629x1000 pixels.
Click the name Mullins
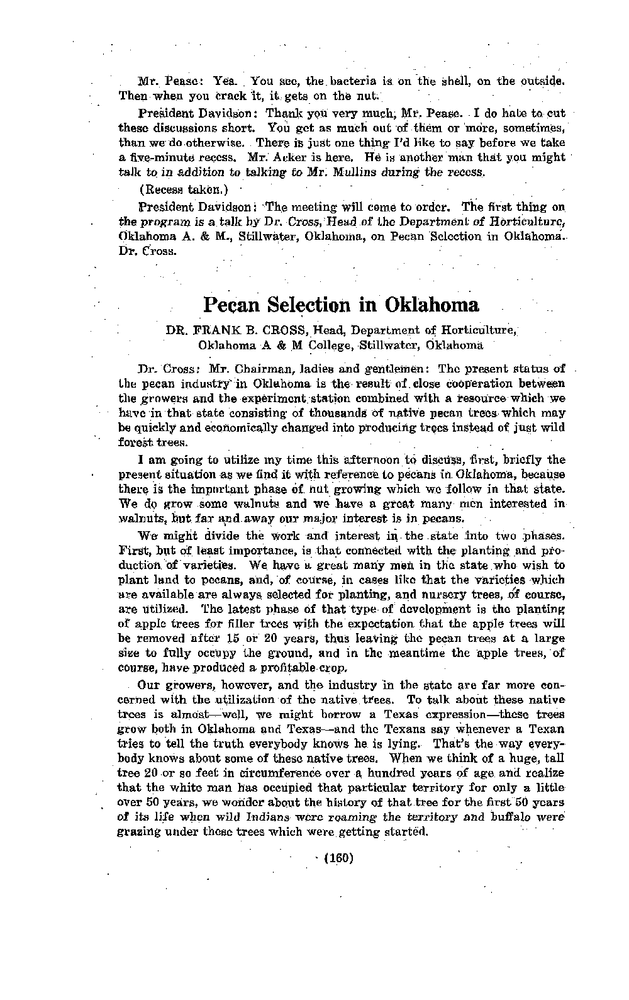pos(342,172)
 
